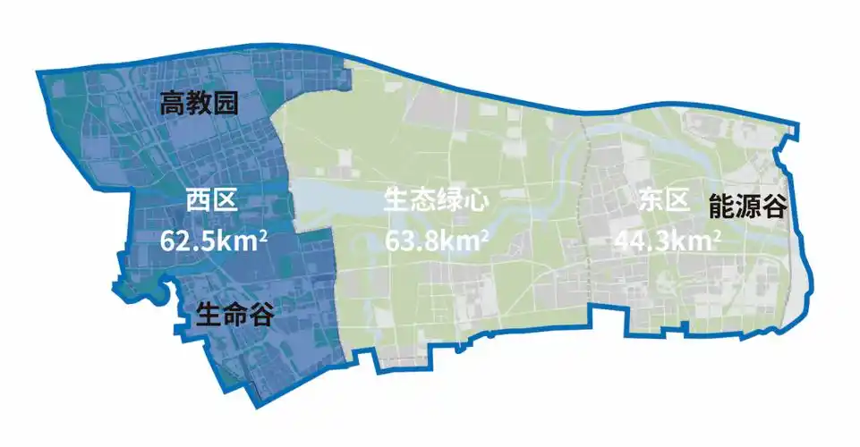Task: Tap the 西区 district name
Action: (x=212, y=199)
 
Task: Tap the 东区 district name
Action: (x=665, y=199)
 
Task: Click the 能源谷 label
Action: (x=747, y=208)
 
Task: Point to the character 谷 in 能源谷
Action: (x=773, y=208)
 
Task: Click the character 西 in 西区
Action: (x=199, y=199)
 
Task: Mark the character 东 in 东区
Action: (x=651, y=199)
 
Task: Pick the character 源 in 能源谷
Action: (x=747, y=208)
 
